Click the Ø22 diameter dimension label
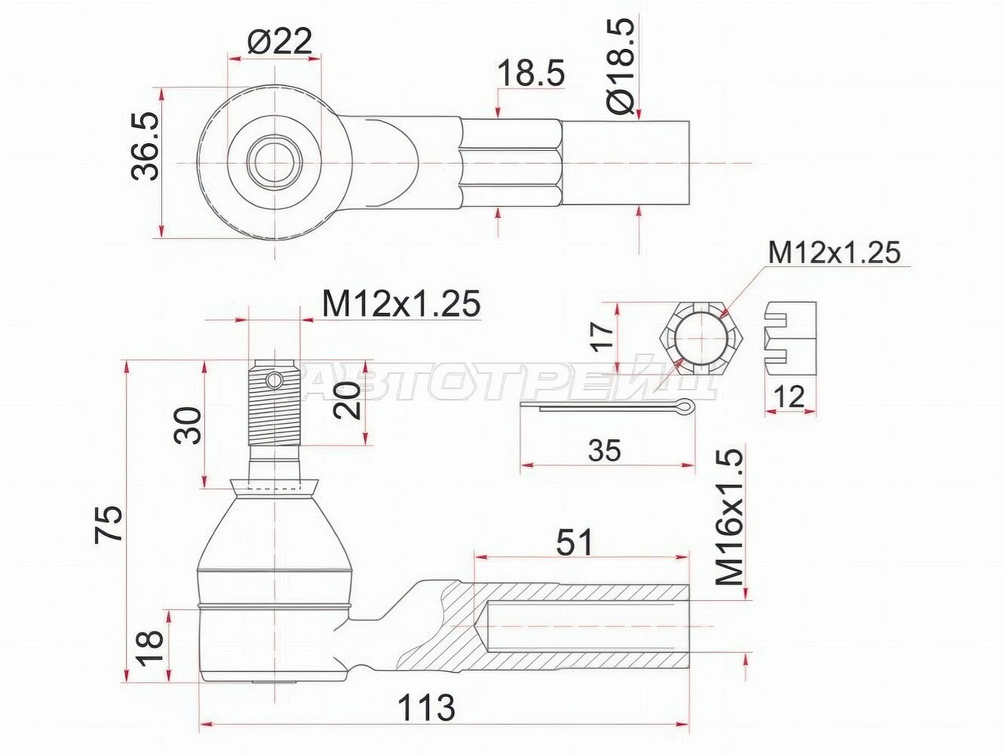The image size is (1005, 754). pyautogui.click(x=279, y=41)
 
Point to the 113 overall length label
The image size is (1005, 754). pyautogui.click(x=426, y=707)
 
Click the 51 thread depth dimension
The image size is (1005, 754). pyautogui.click(x=575, y=542)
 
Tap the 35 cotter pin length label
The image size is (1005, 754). pyautogui.click(x=605, y=450)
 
